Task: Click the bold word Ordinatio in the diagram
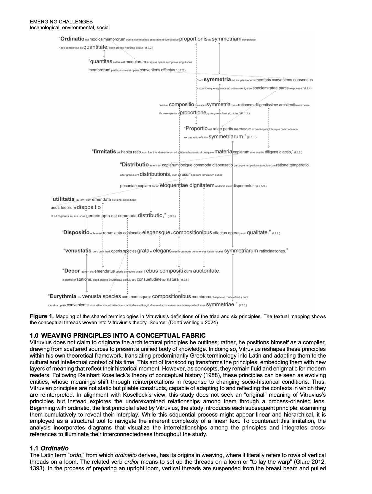coord(72,39)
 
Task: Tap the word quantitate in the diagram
coord(95,47)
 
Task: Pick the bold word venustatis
coord(78,251)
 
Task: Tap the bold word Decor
coord(72,271)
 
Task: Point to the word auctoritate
coord(206,271)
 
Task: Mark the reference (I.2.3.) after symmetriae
coord(243,305)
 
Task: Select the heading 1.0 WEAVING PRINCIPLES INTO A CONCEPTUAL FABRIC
coord(118,335)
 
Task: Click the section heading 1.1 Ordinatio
coord(49,448)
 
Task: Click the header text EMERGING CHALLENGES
coord(61,22)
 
